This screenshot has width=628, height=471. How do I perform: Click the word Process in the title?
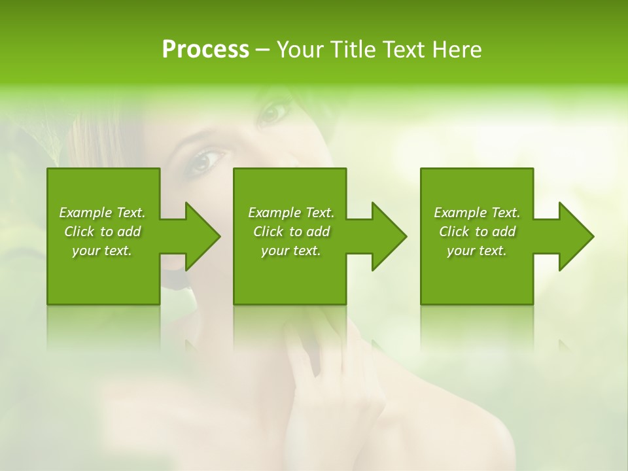(205, 49)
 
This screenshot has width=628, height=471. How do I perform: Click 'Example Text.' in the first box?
(102, 213)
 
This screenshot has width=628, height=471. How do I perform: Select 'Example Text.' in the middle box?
(291, 213)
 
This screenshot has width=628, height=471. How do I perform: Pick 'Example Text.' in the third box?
(477, 213)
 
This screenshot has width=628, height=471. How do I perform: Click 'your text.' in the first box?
(102, 251)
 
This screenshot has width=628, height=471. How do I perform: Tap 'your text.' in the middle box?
(291, 251)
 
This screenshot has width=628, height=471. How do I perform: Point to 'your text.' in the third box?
(477, 251)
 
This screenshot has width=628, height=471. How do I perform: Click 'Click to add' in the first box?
(102, 232)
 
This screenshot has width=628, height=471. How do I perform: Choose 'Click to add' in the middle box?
(291, 232)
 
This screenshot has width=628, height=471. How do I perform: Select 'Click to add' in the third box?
(477, 232)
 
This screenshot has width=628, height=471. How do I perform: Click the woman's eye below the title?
(273, 113)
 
